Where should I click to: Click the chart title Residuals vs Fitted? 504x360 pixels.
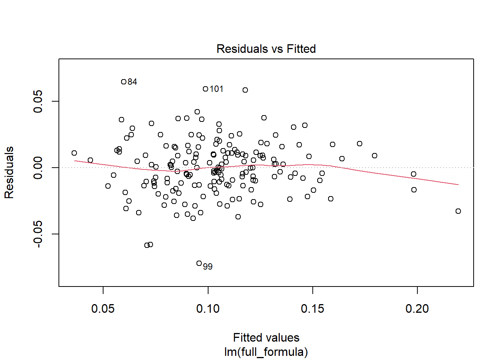point(266,49)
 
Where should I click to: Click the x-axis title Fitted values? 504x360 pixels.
point(266,337)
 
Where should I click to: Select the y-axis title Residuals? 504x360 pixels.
point(9,172)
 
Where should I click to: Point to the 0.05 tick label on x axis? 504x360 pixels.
point(103,309)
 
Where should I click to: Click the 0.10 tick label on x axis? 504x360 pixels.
point(208,309)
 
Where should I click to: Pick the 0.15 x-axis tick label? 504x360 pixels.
point(312,309)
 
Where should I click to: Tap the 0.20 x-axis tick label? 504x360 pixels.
point(417,309)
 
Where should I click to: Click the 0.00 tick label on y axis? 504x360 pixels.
point(38,168)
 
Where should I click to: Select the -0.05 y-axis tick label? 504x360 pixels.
point(38,234)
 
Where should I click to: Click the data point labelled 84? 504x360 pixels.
point(124,82)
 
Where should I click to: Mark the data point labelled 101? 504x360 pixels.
point(205,89)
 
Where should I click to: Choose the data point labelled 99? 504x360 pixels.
point(199,263)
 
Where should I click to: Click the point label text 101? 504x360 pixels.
point(216,89)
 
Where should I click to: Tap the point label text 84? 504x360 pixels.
point(132,82)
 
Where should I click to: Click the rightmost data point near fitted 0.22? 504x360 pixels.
point(458,211)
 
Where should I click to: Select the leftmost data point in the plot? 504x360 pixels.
point(74,153)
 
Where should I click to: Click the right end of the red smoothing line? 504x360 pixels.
point(458,184)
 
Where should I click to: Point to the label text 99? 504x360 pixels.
point(208,267)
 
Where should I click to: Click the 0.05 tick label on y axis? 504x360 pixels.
point(38,101)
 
